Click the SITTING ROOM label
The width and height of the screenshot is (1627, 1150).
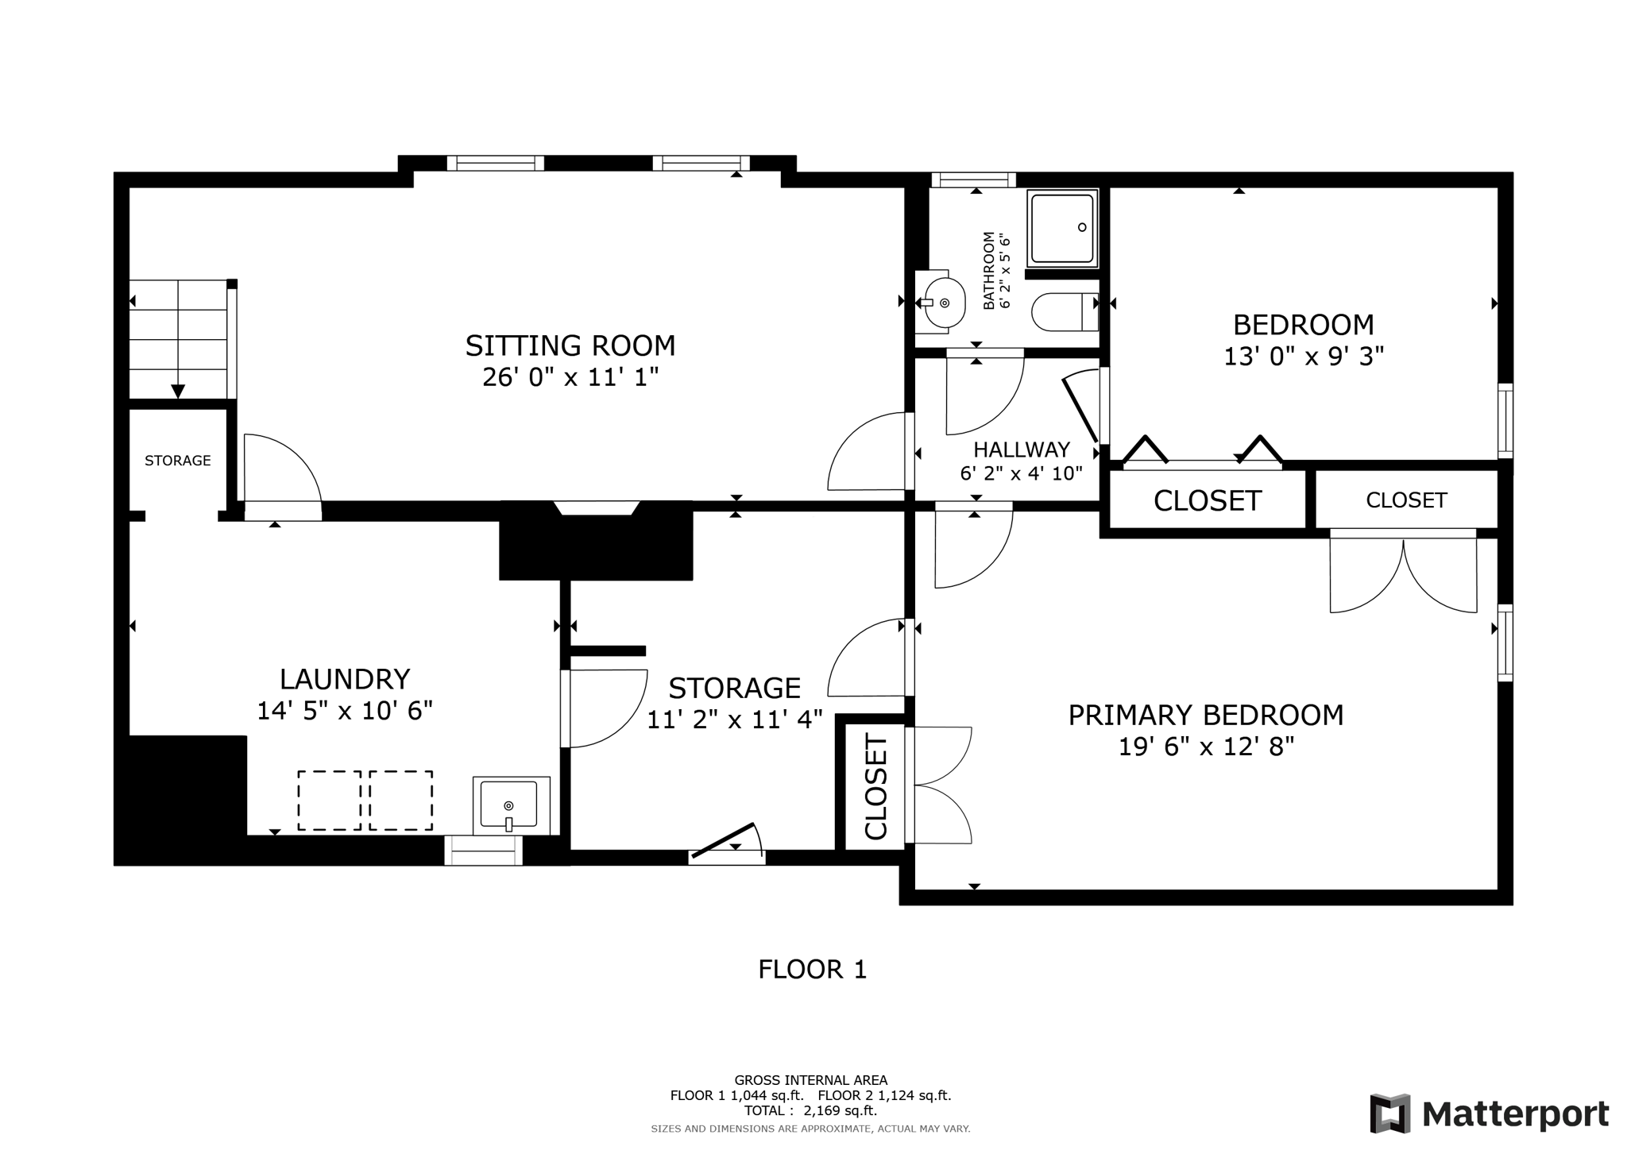click(570, 346)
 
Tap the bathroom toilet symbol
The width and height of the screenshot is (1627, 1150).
click(1065, 312)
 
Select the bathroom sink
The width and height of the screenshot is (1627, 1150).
click(941, 303)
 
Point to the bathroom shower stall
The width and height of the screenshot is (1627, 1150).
click(1062, 228)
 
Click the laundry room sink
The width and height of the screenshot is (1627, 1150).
click(511, 805)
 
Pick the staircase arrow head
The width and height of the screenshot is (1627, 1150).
click(178, 391)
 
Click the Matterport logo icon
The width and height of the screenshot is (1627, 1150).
click(1389, 1113)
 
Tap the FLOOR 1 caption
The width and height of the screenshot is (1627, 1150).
click(812, 970)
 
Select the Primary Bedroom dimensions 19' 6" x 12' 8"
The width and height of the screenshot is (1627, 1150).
click(1206, 747)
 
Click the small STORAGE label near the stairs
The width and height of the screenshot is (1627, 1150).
click(178, 461)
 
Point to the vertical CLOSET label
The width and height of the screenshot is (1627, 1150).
click(875, 788)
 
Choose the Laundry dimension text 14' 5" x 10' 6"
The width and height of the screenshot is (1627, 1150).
click(345, 711)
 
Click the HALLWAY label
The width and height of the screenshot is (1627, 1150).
click(1022, 450)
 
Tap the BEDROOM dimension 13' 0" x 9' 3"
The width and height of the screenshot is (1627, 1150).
click(1304, 357)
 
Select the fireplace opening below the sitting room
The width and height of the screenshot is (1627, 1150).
click(597, 508)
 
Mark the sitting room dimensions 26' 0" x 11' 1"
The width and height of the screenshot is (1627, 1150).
click(570, 377)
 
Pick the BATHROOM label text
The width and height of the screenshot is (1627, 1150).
click(989, 270)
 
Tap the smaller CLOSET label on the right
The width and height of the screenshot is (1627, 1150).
click(1406, 500)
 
